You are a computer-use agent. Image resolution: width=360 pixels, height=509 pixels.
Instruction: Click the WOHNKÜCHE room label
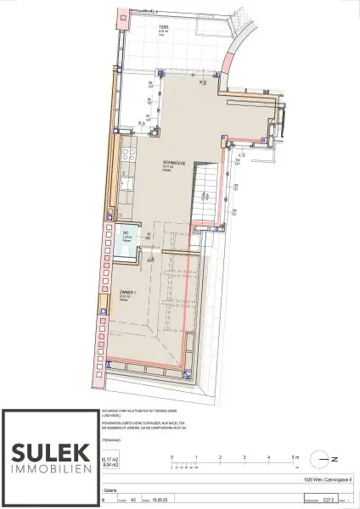click(175, 163)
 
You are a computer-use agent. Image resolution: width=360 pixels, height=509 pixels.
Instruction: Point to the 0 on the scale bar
click(172, 457)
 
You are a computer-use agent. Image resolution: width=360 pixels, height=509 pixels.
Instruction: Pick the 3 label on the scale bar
click(246, 457)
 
